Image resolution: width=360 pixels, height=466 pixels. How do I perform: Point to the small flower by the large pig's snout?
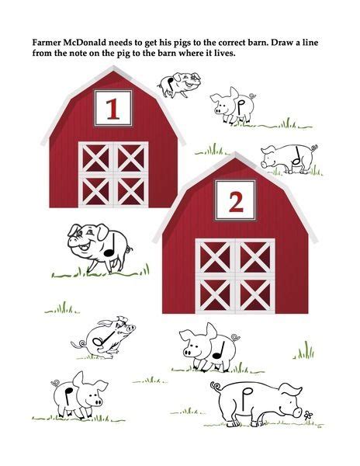pos(309,415)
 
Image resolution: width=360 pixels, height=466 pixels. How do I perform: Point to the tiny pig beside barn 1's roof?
pos(176,84)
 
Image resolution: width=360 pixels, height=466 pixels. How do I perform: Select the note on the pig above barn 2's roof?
pos(296,158)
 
